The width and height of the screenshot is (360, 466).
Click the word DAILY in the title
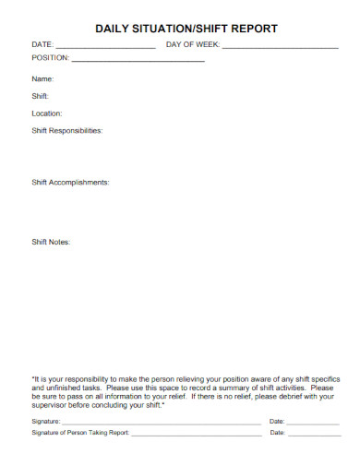114,29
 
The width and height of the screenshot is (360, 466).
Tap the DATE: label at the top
42,44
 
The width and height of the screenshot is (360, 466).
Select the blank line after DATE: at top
105,46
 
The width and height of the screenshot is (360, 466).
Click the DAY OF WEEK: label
192,44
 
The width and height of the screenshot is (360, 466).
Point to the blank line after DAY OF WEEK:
280,46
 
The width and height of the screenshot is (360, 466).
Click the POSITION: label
51,57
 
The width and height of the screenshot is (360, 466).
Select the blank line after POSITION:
138,60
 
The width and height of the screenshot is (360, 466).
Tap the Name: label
43,79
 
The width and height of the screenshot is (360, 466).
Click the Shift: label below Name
41,96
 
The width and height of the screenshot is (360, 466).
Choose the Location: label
47,114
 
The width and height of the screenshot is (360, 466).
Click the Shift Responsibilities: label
67,130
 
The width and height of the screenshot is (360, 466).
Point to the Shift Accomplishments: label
70,182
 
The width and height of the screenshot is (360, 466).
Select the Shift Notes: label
51,242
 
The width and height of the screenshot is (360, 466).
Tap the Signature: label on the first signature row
46,421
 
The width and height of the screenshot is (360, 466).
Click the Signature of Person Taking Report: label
80,432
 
